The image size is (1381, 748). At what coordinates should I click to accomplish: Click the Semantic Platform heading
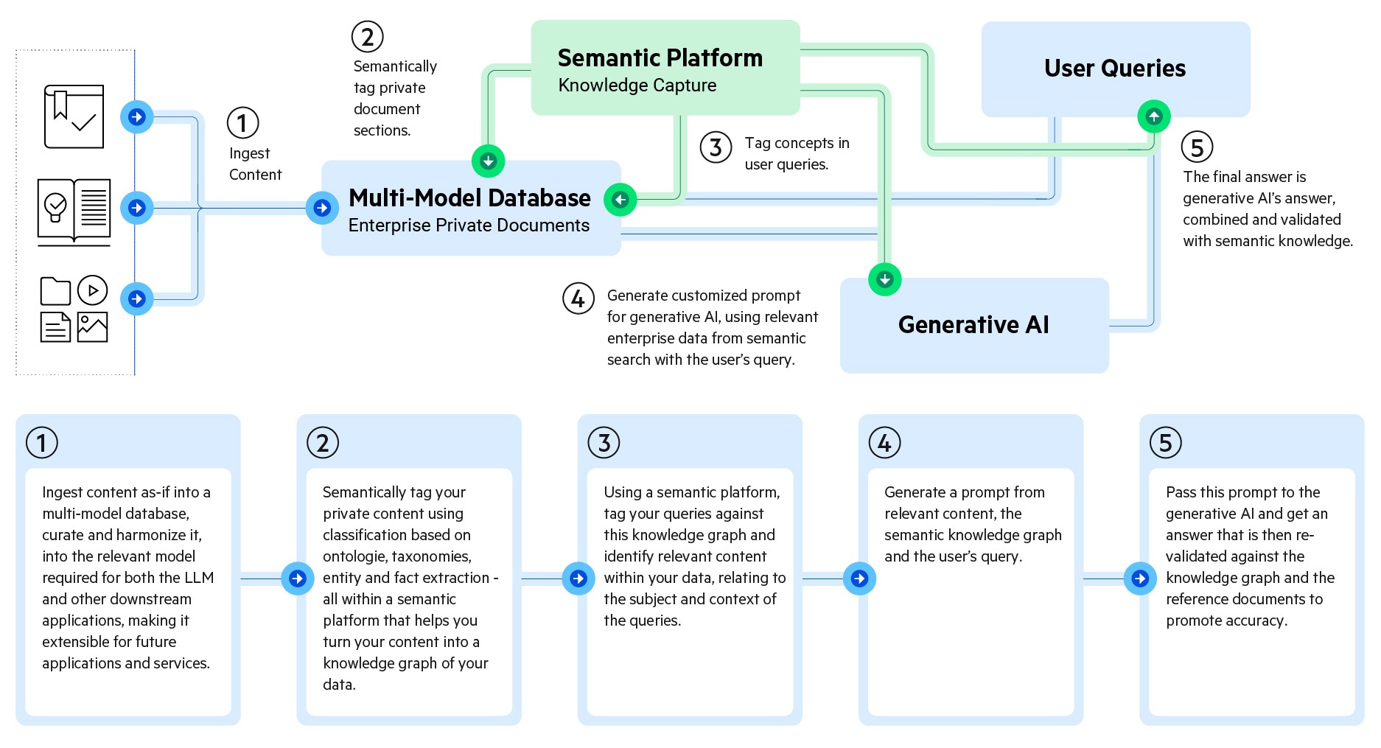(x=660, y=57)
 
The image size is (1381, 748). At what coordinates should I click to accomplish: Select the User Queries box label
(x=1114, y=69)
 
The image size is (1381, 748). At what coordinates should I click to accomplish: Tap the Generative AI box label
(x=973, y=325)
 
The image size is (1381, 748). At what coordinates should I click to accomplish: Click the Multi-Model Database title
(x=469, y=198)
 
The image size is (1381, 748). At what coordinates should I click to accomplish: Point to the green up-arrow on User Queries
(x=1153, y=116)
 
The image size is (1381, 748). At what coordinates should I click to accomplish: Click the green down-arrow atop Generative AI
(x=884, y=279)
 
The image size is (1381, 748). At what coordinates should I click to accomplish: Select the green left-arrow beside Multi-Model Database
(x=620, y=200)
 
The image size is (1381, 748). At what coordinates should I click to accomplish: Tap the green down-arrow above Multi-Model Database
(x=488, y=161)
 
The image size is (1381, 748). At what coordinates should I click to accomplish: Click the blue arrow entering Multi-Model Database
(x=322, y=208)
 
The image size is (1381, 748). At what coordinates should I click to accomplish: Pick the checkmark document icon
(x=74, y=116)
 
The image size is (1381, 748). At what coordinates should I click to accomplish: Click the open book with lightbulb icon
(x=74, y=211)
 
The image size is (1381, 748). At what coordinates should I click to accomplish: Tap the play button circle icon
(x=92, y=290)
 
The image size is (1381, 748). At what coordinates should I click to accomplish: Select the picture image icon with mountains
(x=92, y=327)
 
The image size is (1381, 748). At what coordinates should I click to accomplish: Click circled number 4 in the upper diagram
(x=578, y=298)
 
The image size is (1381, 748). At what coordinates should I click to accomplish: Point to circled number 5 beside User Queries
(x=1197, y=147)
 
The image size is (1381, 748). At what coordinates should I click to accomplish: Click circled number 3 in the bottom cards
(x=604, y=443)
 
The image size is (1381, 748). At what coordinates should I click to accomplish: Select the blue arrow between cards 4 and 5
(x=1140, y=579)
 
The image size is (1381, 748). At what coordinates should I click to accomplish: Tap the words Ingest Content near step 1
(x=254, y=164)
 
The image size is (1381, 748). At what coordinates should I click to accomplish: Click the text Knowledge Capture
(x=637, y=85)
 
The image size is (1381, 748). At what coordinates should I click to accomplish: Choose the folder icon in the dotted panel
(x=55, y=291)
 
